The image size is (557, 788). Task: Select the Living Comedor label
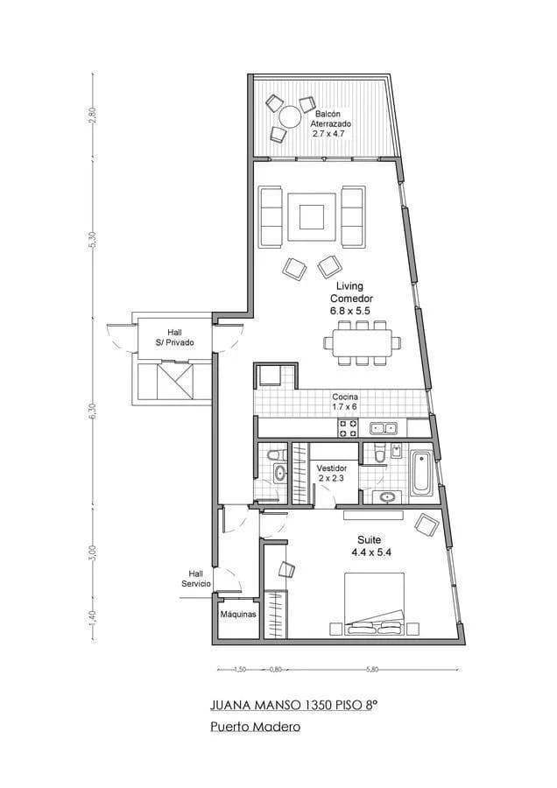tap(351, 298)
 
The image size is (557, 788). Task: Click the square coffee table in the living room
tap(311, 215)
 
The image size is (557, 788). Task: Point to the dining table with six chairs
tap(362, 342)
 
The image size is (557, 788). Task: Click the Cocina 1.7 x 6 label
tap(344, 402)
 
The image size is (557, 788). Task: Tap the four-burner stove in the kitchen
tap(348, 428)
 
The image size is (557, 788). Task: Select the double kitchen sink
tap(384, 428)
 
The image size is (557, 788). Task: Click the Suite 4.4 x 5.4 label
tap(368, 546)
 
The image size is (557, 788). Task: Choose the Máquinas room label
tap(238, 615)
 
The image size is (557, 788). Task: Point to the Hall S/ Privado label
tap(174, 337)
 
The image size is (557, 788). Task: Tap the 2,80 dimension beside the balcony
tap(93, 116)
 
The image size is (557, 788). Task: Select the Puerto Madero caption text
tap(256, 727)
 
